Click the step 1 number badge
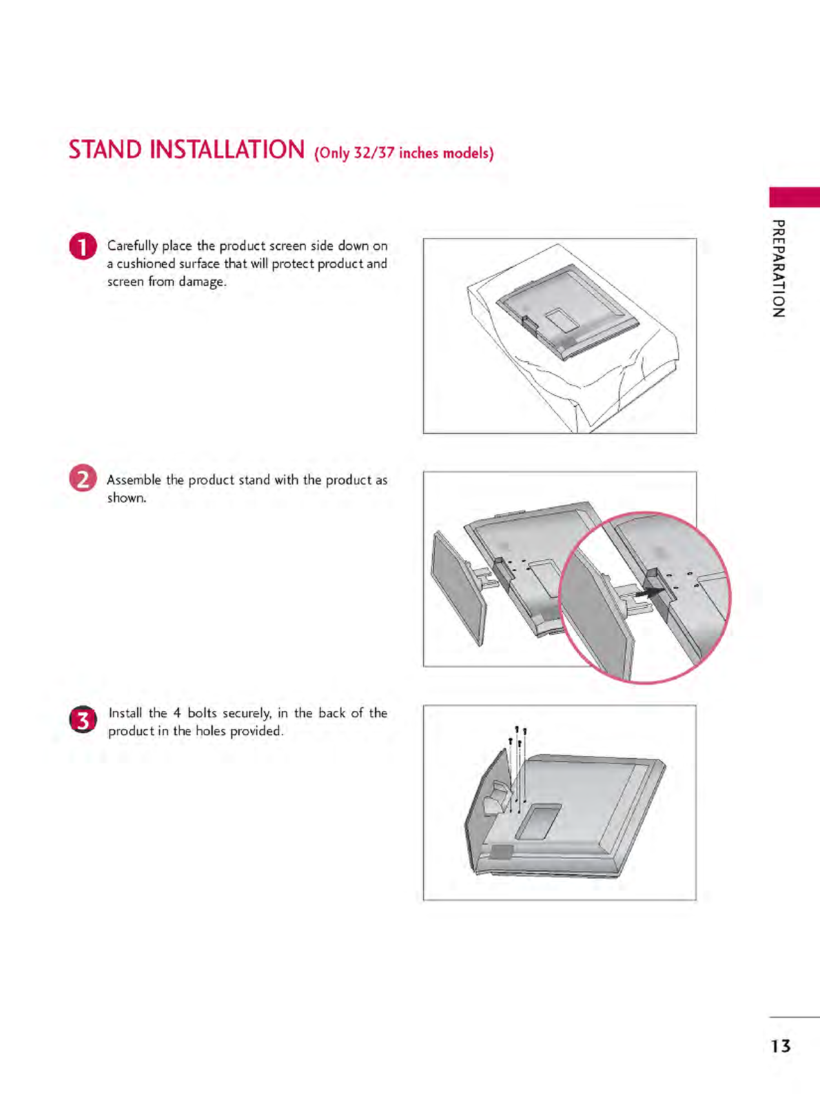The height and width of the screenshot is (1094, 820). click(x=83, y=246)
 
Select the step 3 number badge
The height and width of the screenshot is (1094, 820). click(x=83, y=719)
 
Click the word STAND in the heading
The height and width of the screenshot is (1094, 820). click(x=105, y=150)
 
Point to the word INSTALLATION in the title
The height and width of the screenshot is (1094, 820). click(x=227, y=150)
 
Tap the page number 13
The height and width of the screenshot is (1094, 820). click(x=781, y=1046)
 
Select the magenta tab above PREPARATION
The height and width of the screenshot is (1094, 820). click(x=794, y=197)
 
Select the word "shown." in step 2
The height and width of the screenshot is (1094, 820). click(x=127, y=497)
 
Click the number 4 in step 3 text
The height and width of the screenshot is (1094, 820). click(x=176, y=713)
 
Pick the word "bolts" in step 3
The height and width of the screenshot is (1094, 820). click(x=202, y=713)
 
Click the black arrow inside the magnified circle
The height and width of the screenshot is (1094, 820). click(x=650, y=593)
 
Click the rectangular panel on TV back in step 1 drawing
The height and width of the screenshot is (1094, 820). click(x=562, y=319)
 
